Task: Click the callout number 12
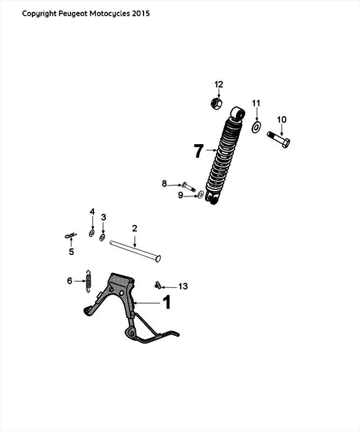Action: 219,84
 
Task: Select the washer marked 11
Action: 256,127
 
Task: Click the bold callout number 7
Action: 199,151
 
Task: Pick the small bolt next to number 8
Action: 187,186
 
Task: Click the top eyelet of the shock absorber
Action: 237,113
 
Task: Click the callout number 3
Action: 104,217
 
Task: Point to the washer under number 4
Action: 92,233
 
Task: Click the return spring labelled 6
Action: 89,281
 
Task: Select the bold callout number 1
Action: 167,302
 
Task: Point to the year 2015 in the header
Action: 140,13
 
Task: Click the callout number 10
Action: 282,119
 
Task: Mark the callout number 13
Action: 183,286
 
